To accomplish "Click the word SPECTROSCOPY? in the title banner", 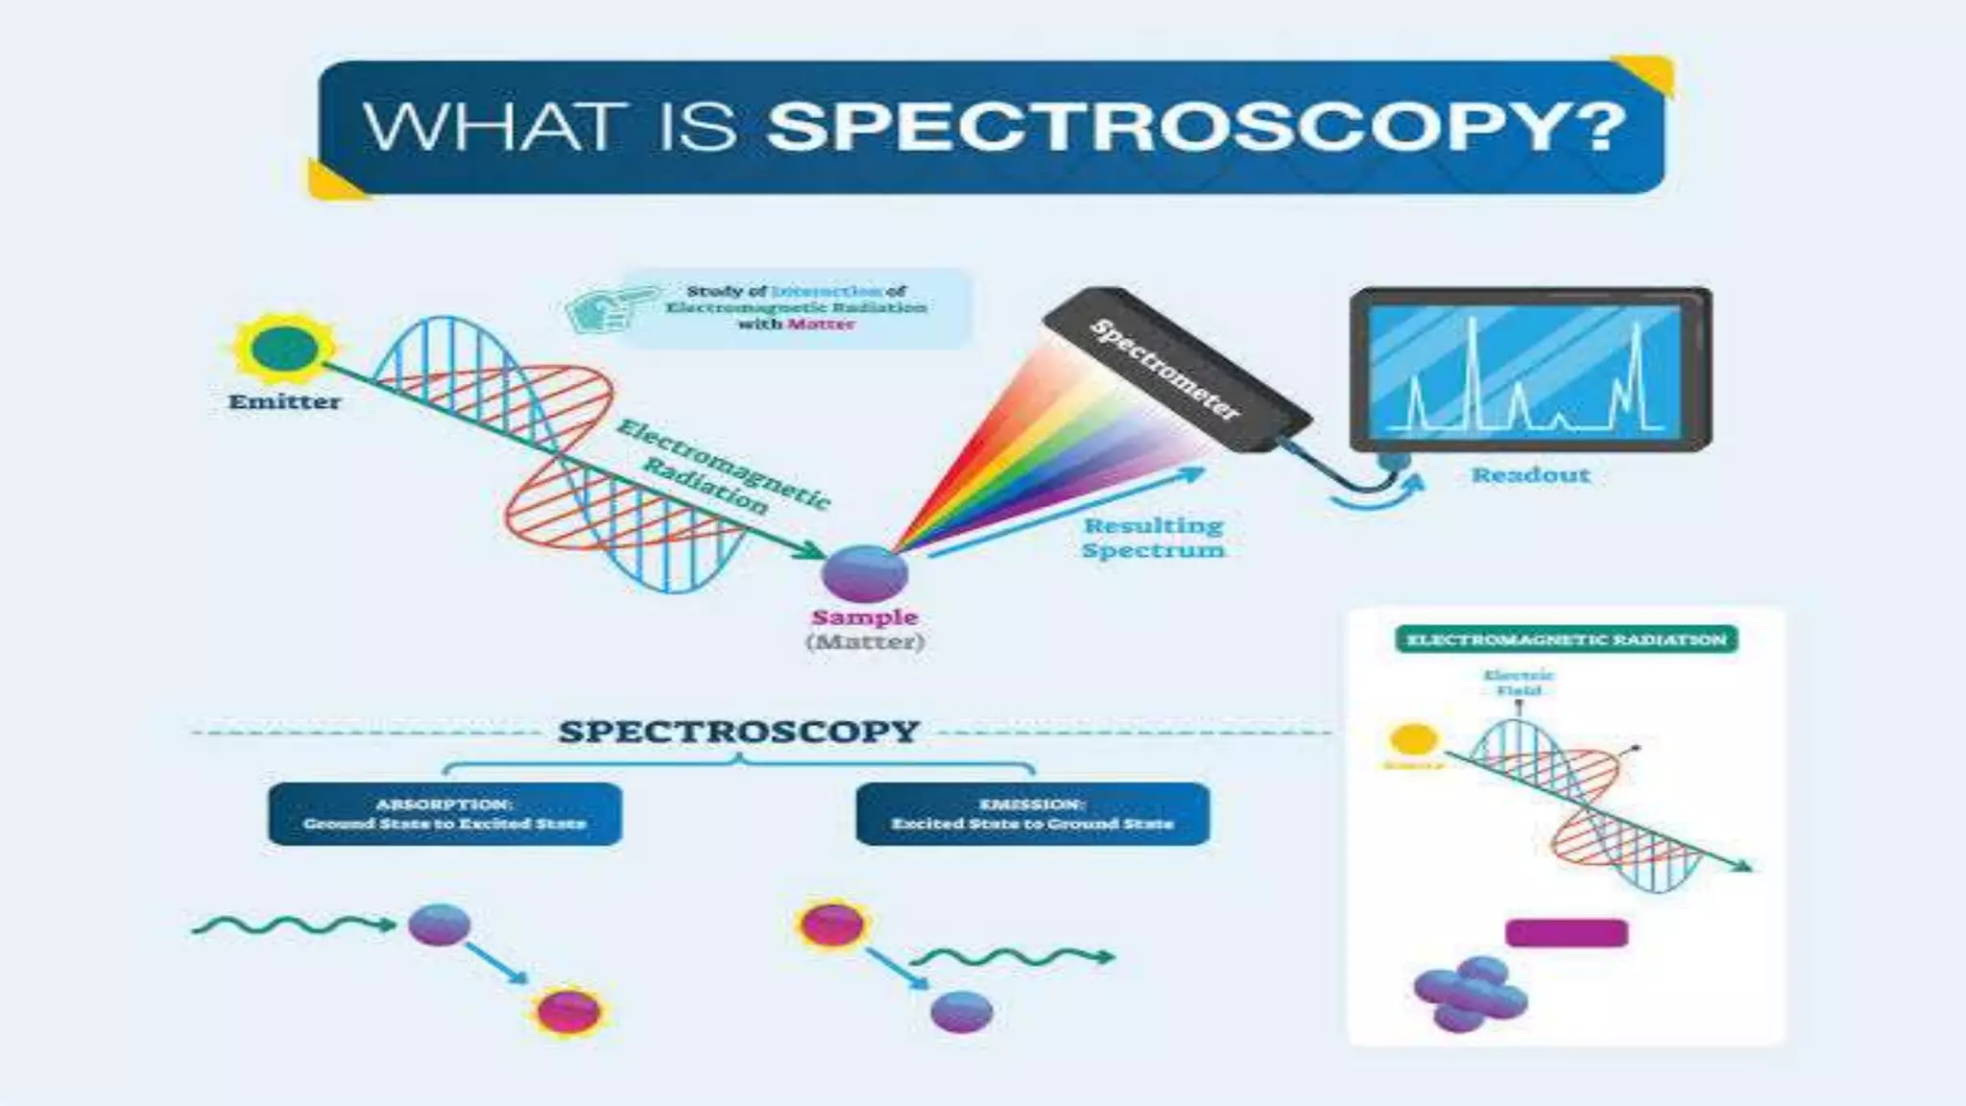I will click(x=1195, y=127).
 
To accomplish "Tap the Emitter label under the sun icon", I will click(x=284, y=402).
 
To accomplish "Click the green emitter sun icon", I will click(x=285, y=348).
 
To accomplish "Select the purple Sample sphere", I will click(x=864, y=573).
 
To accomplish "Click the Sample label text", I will click(x=864, y=617).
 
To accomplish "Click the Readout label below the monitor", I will click(x=1530, y=475).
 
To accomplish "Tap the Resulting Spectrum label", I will click(x=1154, y=538).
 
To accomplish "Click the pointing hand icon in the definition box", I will click(x=607, y=308).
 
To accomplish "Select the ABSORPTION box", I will click(x=444, y=814).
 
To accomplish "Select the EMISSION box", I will click(x=1032, y=814).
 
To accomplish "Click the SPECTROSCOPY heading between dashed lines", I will click(x=738, y=732).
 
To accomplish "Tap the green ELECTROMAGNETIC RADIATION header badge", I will click(x=1566, y=639).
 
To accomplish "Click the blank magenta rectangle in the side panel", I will click(x=1566, y=933).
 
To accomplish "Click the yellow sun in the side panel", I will click(x=1414, y=739).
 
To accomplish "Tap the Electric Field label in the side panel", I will click(x=1518, y=683).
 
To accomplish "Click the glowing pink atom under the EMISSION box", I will click(x=831, y=925).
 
